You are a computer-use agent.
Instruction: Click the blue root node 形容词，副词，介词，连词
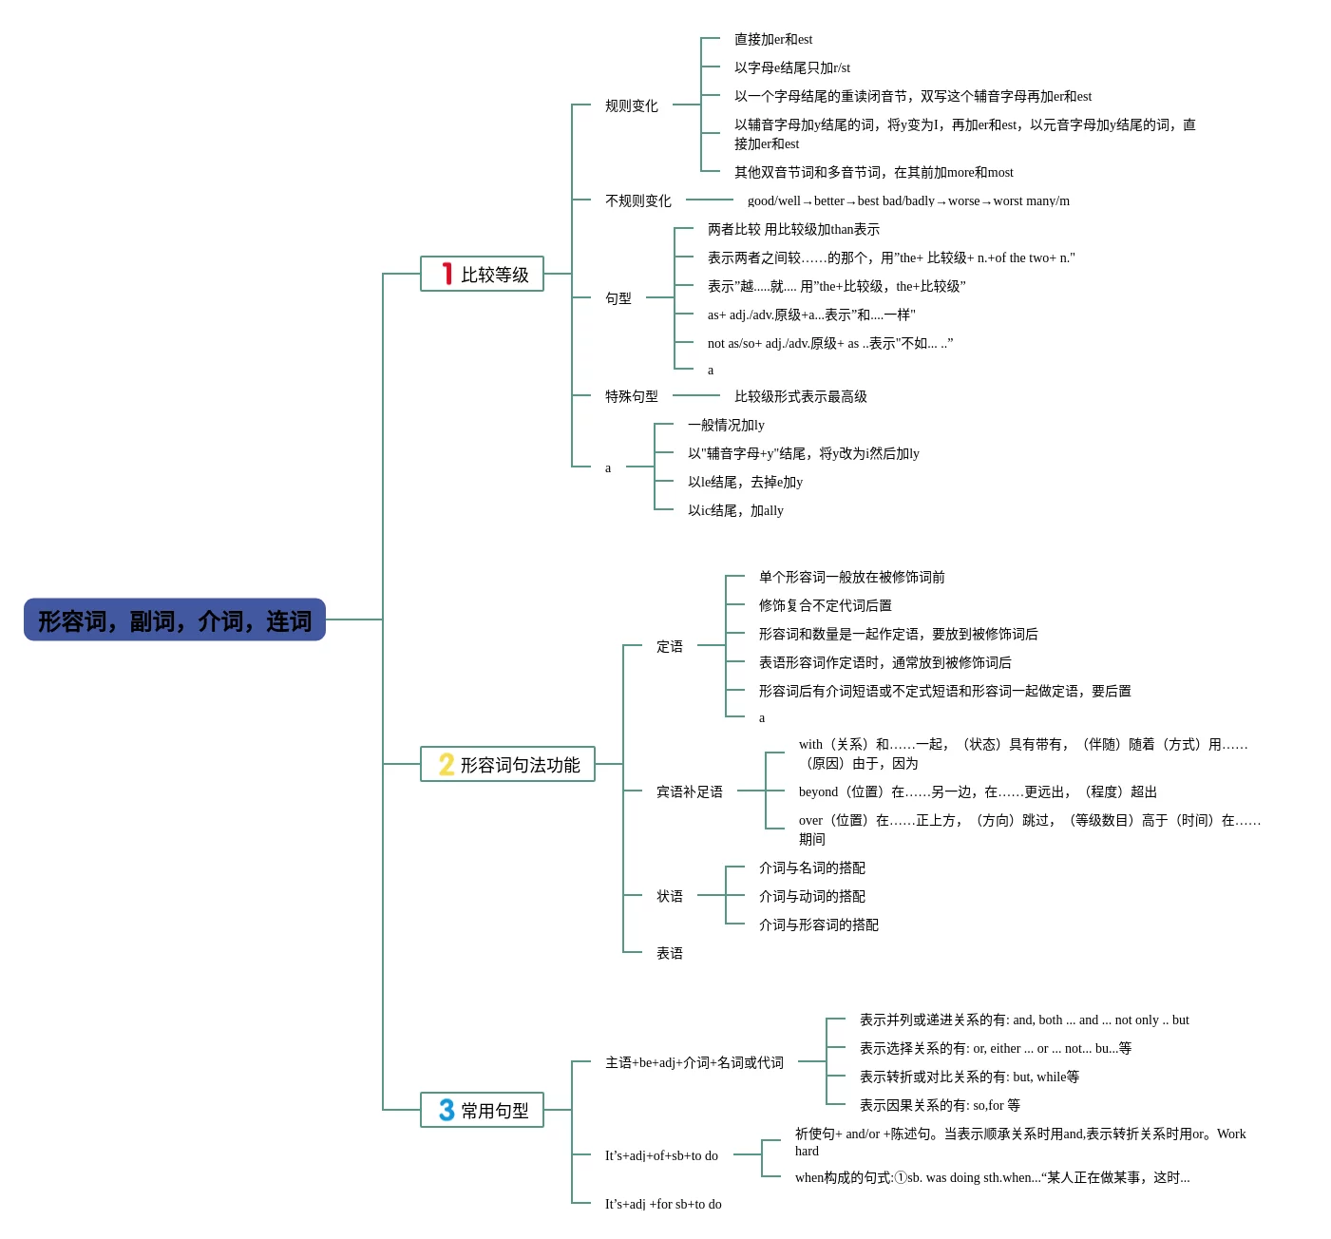coord(175,620)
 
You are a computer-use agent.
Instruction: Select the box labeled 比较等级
coord(483,275)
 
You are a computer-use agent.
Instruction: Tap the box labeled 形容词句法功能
coord(508,765)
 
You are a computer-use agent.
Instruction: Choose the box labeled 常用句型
coord(483,1111)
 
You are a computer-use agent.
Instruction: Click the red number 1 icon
coord(447,275)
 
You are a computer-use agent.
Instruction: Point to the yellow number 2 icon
coord(447,765)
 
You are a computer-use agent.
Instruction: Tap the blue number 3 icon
coord(447,1111)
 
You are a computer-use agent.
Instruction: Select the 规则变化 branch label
coord(631,105)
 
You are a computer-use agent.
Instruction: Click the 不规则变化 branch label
coord(637,200)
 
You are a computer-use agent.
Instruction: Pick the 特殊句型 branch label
coord(631,396)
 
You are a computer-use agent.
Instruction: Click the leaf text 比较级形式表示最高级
coord(800,396)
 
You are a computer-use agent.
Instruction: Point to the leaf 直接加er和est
coord(772,39)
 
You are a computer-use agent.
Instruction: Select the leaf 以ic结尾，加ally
coord(735,510)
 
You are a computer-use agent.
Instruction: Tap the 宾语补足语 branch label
coord(689,791)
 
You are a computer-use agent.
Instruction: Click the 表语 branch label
coord(669,953)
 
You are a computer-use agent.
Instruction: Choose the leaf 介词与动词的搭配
coord(811,896)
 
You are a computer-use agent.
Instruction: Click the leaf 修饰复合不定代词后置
coord(825,605)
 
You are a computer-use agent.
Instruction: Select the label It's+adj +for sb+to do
coord(663,1204)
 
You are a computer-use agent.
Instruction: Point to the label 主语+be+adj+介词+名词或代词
coord(694,1062)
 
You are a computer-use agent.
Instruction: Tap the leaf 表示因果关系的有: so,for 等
coord(939,1105)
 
